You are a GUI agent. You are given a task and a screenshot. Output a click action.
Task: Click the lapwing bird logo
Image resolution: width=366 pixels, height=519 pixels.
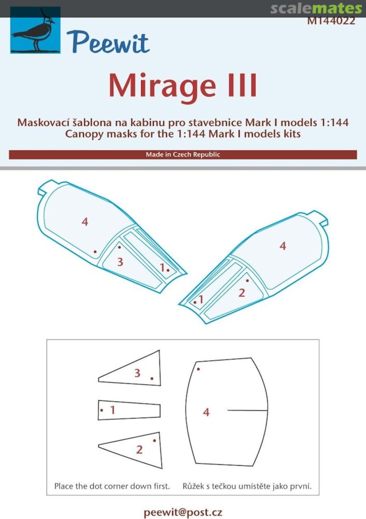click(35, 30)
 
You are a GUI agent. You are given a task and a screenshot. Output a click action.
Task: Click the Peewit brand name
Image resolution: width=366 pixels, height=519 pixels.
click(108, 42)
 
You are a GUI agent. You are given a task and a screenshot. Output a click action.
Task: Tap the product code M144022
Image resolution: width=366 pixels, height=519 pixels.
click(331, 21)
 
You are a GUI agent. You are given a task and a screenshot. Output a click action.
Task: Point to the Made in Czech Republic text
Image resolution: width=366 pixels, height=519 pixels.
click(183, 155)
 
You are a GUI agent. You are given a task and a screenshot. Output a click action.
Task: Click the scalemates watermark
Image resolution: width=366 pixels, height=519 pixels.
click(316, 8)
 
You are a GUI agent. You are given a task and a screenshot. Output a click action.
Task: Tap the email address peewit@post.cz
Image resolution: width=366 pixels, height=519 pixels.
click(183, 512)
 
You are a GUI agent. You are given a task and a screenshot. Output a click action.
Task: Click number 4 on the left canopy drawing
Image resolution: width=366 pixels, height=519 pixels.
click(85, 222)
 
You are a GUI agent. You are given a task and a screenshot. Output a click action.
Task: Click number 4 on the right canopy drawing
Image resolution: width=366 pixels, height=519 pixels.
click(282, 246)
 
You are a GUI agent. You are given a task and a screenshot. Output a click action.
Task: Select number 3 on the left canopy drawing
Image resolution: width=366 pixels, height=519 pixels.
click(120, 262)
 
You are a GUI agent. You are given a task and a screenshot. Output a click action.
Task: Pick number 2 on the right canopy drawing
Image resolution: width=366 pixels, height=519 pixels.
click(242, 292)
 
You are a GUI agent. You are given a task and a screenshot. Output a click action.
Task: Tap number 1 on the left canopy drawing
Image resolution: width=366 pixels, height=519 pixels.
click(162, 267)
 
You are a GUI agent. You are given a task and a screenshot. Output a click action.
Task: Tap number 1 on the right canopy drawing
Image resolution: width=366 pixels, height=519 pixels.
click(200, 300)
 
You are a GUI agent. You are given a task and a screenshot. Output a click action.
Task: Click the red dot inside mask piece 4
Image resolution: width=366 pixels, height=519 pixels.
click(198, 369)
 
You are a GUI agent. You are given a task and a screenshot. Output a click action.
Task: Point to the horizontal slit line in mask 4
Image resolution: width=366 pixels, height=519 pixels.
click(247, 410)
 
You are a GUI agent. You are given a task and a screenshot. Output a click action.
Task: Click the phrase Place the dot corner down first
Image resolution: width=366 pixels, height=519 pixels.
click(112, 486)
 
